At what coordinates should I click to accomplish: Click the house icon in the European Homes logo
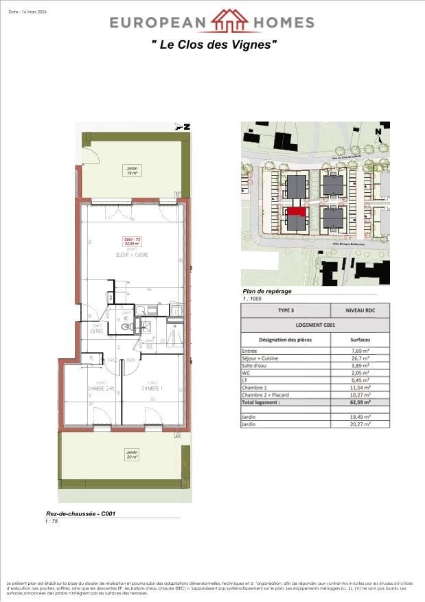tap(229, 21)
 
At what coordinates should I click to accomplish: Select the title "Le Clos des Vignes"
tap(214, 45)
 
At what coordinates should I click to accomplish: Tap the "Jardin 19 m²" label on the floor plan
tap(131, 171)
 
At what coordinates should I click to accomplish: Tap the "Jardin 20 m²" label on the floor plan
tap(131, 454)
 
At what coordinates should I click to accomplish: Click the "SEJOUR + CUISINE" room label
tap(132, 255)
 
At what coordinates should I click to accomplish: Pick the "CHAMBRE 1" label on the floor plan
tap(152, 389)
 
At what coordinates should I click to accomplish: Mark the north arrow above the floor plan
tap(183, 126)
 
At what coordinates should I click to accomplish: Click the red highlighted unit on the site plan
tap(295, 213)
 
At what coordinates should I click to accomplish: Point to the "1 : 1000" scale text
tap(253, 299)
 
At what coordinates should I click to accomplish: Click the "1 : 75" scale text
tap(50, 521)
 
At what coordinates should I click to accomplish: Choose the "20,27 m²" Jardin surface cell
tap(360, 424)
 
